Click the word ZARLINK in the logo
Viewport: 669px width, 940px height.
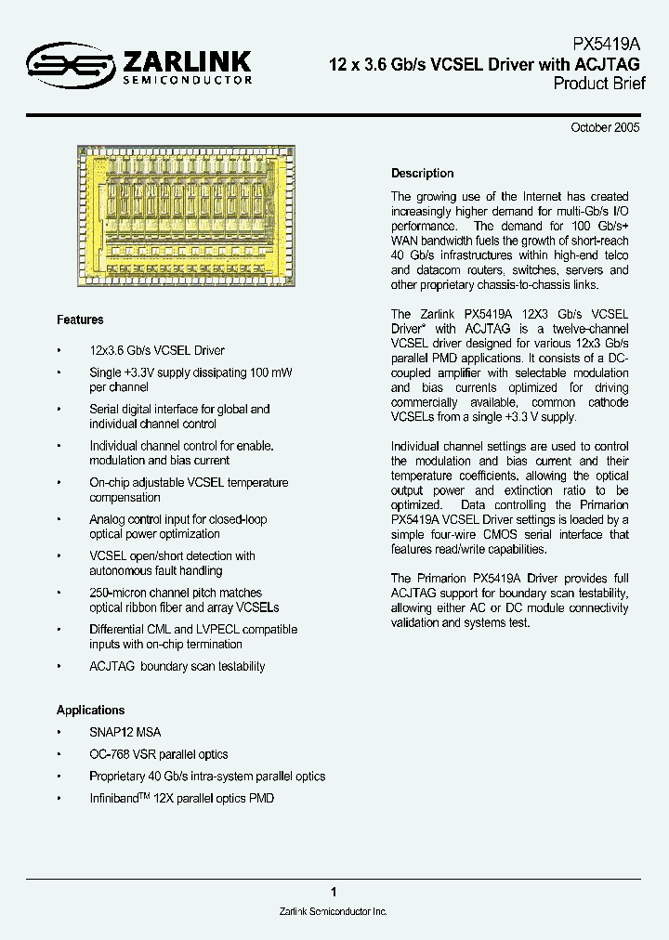185,61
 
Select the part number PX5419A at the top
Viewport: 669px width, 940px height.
606,45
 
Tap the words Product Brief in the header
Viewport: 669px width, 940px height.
598,84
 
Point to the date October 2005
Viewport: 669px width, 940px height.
605,129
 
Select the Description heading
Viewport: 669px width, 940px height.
422,174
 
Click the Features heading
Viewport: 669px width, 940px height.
80,320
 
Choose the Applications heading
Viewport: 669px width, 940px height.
90,711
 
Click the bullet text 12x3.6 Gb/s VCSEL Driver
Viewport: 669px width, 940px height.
156,351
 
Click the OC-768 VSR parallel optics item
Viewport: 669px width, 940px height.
158,754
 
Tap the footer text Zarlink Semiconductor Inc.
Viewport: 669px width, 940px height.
333,913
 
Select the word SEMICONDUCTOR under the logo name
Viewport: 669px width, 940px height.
187,82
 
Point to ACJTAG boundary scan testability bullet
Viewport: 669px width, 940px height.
177,667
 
